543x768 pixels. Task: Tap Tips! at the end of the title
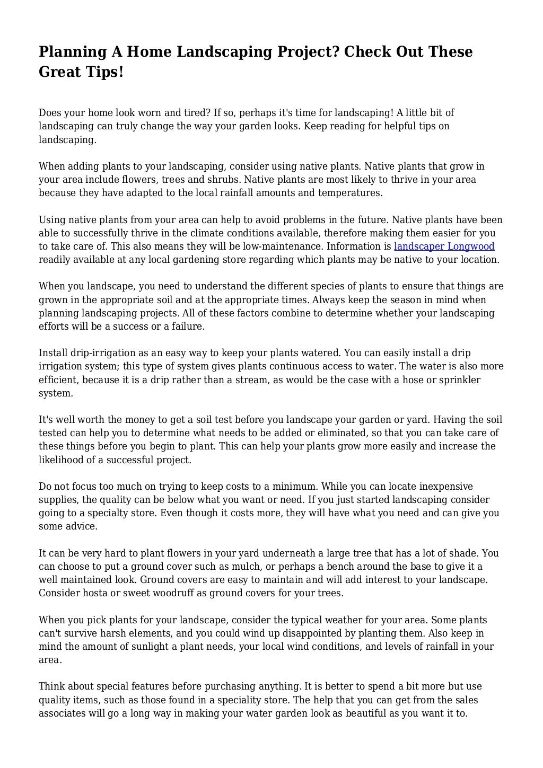[105, 72]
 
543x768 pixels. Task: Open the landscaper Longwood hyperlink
[444, 246]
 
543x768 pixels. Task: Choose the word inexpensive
[439, 487]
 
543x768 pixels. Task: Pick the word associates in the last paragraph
[63, 713]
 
